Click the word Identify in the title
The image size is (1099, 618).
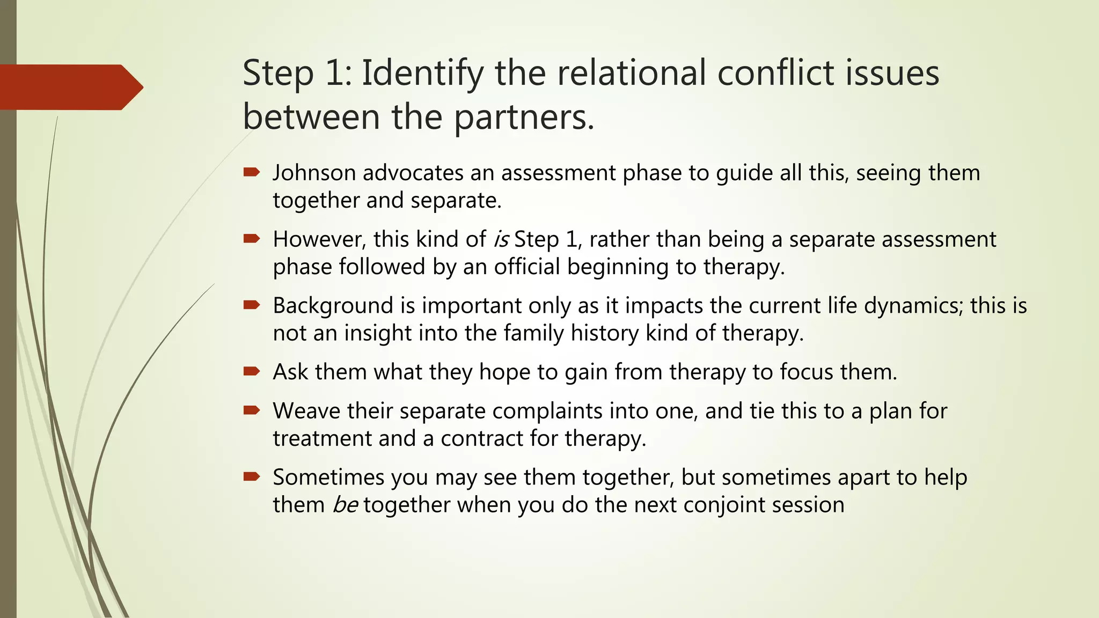click(x=422, y=73)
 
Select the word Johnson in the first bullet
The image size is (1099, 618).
click(x=314, y=173)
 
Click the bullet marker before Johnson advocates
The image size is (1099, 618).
click(x=251, y=172)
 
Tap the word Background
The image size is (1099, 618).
click(x=333, y=306)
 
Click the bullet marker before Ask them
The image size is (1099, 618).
click(x=251, y=371)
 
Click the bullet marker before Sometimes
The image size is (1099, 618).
click(x=251, y=476)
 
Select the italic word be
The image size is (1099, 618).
click(x=345, y=505)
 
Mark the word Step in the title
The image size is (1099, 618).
click(x=278, y=73)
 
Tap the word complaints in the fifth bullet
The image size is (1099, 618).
click(x=547, y=411)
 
